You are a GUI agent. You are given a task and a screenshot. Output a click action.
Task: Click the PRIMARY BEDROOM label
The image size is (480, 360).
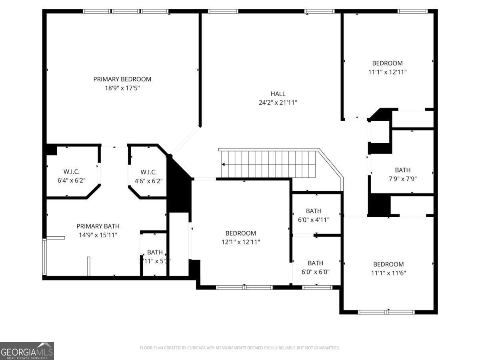[122, 79]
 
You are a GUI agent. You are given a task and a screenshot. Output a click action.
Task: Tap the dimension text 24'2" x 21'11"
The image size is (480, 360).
[278, 102]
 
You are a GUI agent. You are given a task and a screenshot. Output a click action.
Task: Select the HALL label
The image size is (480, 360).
[278, 94]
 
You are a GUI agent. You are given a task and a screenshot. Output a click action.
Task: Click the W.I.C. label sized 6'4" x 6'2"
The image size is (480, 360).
[71, 172]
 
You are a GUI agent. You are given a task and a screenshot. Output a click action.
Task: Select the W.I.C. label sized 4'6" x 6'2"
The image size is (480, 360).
[148, 172]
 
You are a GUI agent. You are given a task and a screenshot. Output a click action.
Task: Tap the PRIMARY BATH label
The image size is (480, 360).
[98, 226]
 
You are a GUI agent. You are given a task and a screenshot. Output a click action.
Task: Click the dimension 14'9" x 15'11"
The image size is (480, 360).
[98, 235]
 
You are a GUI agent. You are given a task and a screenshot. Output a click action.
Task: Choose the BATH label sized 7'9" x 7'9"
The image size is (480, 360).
[402, 170]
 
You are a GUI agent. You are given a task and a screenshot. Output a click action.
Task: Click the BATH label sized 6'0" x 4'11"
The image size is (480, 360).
[314, 211]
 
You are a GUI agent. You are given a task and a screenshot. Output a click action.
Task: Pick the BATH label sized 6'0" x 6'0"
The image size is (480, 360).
[315, 263]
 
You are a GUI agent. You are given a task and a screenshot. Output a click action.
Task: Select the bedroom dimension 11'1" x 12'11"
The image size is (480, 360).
[387, 72]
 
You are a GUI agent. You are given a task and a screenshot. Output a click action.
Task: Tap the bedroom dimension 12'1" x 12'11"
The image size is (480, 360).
[240, 242]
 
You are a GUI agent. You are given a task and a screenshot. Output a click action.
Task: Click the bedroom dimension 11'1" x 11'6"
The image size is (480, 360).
[388, 273]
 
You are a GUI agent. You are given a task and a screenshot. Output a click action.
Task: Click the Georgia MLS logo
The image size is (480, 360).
[27, 351]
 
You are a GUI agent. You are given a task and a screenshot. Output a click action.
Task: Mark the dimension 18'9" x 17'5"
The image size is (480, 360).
[122, 88]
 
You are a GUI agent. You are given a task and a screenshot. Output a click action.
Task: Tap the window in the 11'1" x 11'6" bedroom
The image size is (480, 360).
[386, 312]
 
